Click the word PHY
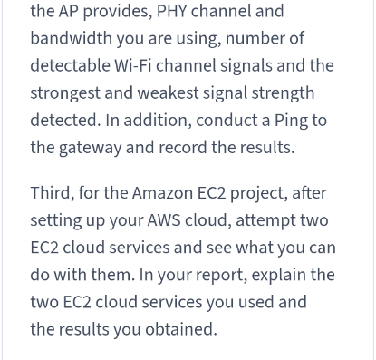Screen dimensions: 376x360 point(171,11)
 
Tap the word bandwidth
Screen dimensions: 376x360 point(71,38)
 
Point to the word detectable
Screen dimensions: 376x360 point(70,65)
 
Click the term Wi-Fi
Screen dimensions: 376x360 point(132,65)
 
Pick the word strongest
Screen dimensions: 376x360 point(65,93)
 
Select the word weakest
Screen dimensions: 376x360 point(169,92)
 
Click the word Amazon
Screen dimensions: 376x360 point(162,193)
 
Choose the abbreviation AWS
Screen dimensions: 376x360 point(164,220)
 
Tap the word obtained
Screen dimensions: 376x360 point(181,329)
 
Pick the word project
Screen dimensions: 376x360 point(259,193)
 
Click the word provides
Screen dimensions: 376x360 point(118,12)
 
